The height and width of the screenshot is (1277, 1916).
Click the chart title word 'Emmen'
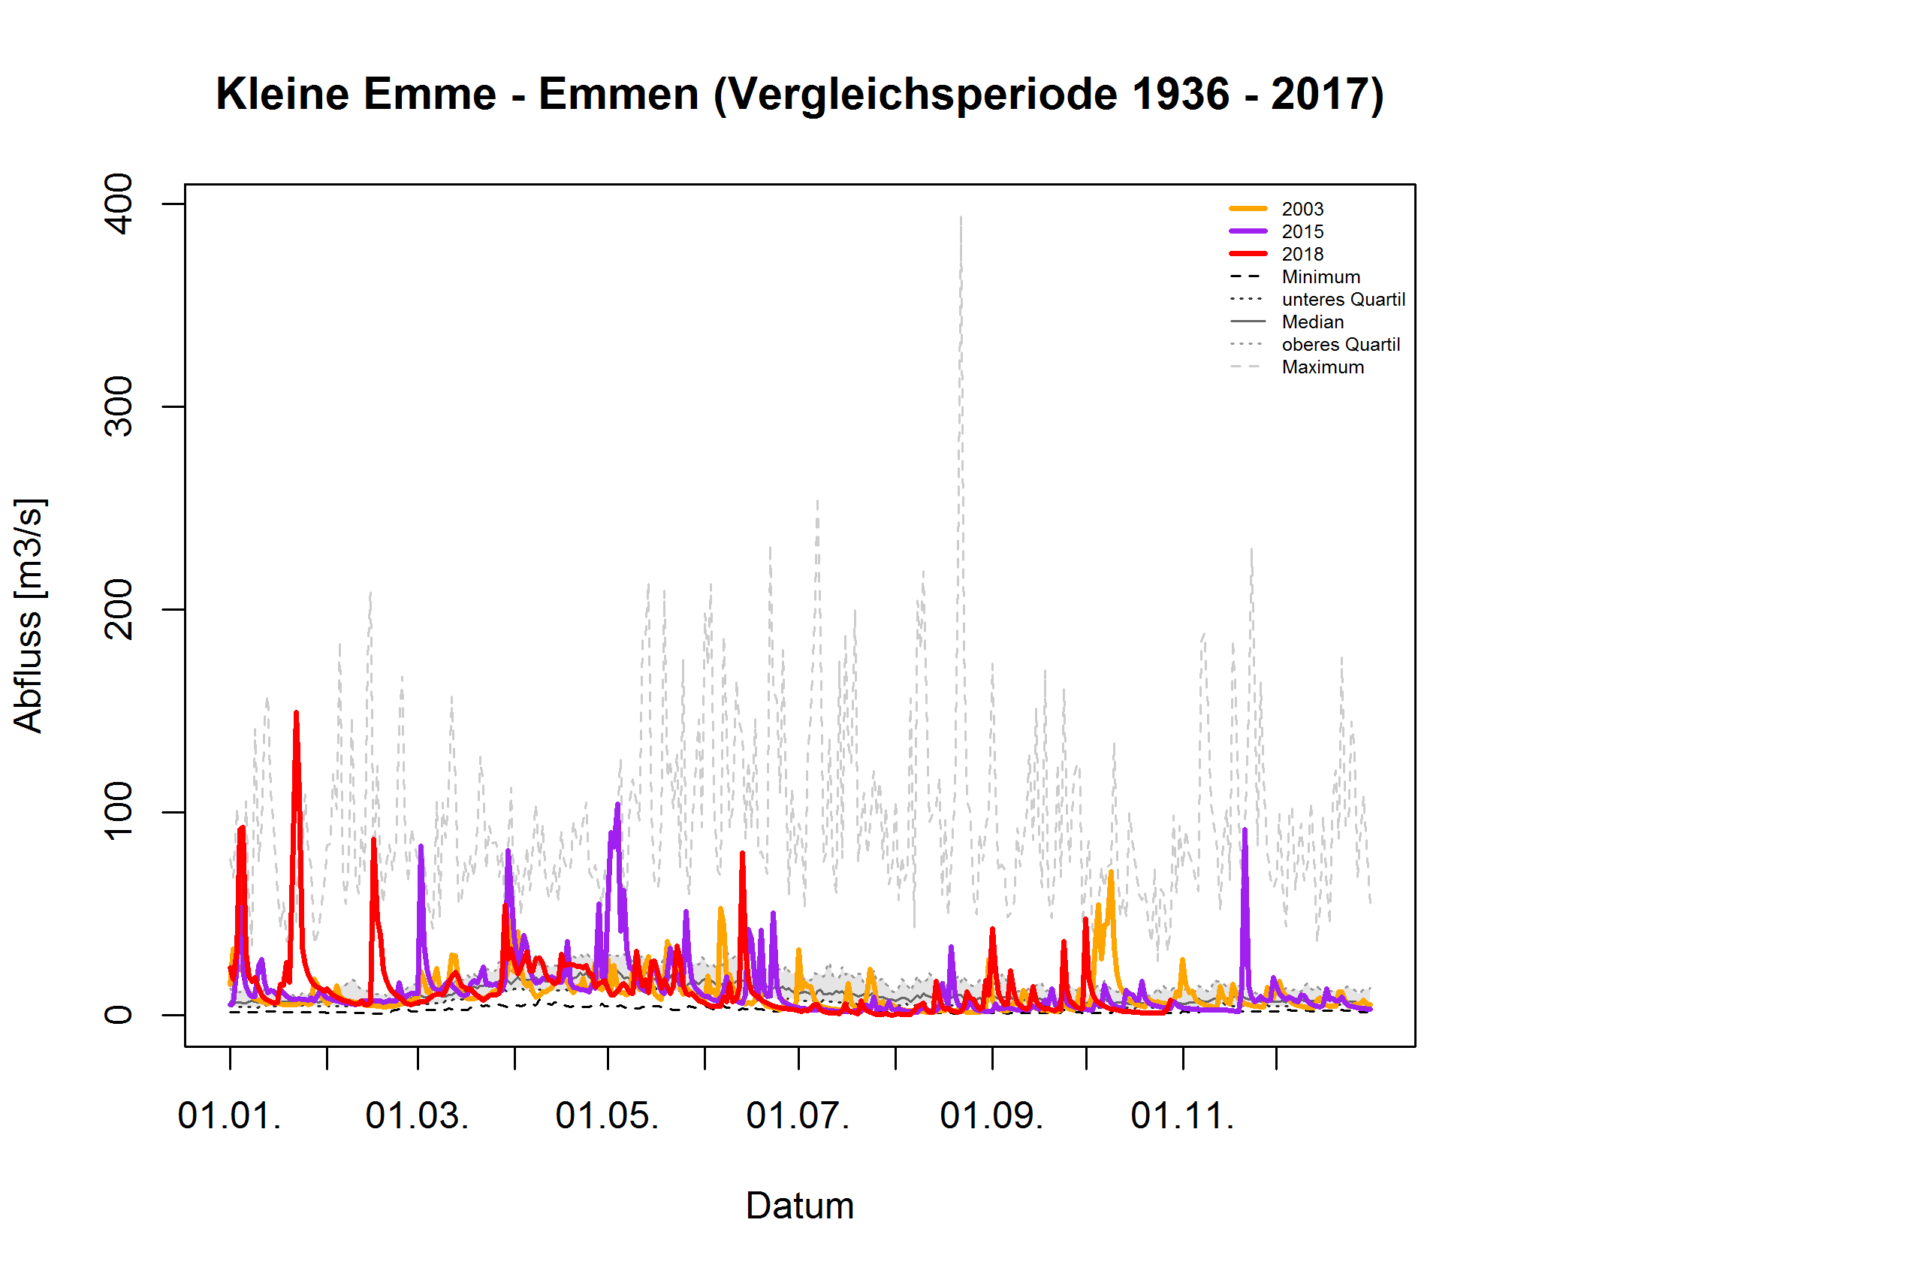[x=618, y=95]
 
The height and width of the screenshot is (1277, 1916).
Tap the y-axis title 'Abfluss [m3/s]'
[x=29, y=616]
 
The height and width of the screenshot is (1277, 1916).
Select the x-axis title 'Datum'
[x=800, y=1206]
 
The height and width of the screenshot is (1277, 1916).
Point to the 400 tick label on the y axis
[x=119, y=204]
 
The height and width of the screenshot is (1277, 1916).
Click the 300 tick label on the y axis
[x=119, y=406]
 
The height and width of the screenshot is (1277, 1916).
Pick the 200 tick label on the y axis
[x=119, y=609]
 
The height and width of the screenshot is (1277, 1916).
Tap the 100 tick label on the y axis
[x=119, y=811]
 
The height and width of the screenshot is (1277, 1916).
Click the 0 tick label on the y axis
[x=119, y=1015]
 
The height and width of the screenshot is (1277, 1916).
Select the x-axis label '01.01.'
[x=230, y=1116]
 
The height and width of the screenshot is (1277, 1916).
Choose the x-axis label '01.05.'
[x=608, y=1116]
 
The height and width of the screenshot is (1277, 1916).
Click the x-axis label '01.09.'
[x=991, y=1116]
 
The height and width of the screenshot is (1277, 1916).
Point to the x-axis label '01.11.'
[x=1182, y=1116]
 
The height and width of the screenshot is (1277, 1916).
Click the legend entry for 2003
[x=1302, y=210]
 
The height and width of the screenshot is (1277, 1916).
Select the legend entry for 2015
[x=1302, y=232]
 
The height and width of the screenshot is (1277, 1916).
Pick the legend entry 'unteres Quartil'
[x=1343, y=300]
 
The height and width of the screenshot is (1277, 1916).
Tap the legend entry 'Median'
[x=1313, y=322]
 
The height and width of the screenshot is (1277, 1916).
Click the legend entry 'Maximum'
[x=1323, y=367]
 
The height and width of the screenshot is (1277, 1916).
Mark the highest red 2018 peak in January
[x=297, y=714]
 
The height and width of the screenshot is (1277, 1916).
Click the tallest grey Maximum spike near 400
[x=961, y=219]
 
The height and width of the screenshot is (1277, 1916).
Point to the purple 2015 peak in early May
[x=617, y=805]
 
